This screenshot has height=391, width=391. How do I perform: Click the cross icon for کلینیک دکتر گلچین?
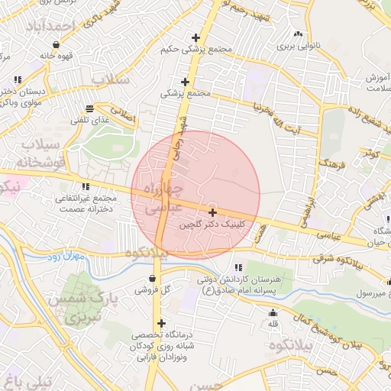click(x=212, y=212)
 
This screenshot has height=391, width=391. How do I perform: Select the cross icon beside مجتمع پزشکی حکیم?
click(x=196, y=37)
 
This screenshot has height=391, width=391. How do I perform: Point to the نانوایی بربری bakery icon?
click(x=298, y=34)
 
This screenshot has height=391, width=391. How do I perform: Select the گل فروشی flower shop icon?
click(x=154, y=278)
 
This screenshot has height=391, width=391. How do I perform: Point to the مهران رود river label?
click(x=57, y=258)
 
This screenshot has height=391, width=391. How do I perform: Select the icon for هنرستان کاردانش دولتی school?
click(x=239, y=267)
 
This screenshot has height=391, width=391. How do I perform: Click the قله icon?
click(x=273, y=313)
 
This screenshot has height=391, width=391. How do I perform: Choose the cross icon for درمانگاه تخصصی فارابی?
click(x=161, y=324)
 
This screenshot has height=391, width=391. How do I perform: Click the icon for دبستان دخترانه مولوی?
click(x=17, y=79)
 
